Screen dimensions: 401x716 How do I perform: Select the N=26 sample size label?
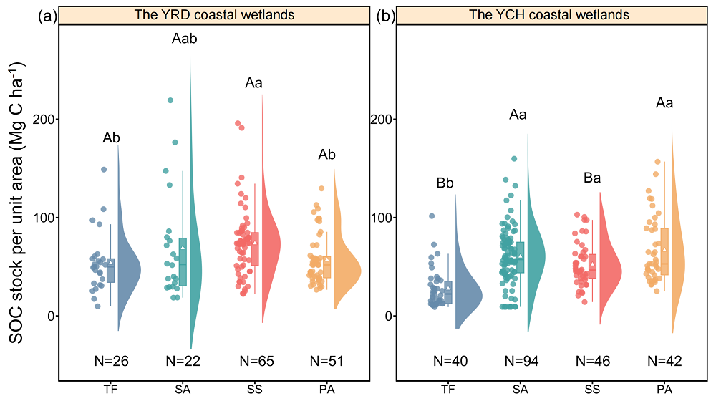pyautogui.click(x=111, y=362)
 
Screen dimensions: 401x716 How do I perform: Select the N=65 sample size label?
pyautogui.click(x=254, y=362)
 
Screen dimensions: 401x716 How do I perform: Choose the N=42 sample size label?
pyautogui.click(x=664, y=362)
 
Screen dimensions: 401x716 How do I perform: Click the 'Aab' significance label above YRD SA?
pyautogui.click(x=184, y=39)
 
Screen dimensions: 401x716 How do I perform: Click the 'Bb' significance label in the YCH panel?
pyautogui.click(x=447, y=183)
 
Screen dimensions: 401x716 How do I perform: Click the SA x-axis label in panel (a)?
pyautogui.click(x=183, y=389)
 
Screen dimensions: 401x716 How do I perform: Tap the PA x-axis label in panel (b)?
pyautogui.click(x=664, y=389)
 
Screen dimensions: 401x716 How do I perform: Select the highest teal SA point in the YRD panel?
pyautogui.click(x=170, y=100)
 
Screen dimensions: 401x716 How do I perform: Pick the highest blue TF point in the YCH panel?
pyautogui.click(x=432, y=216)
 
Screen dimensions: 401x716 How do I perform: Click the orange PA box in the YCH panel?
pyautogui.click(x=664, y=251)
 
